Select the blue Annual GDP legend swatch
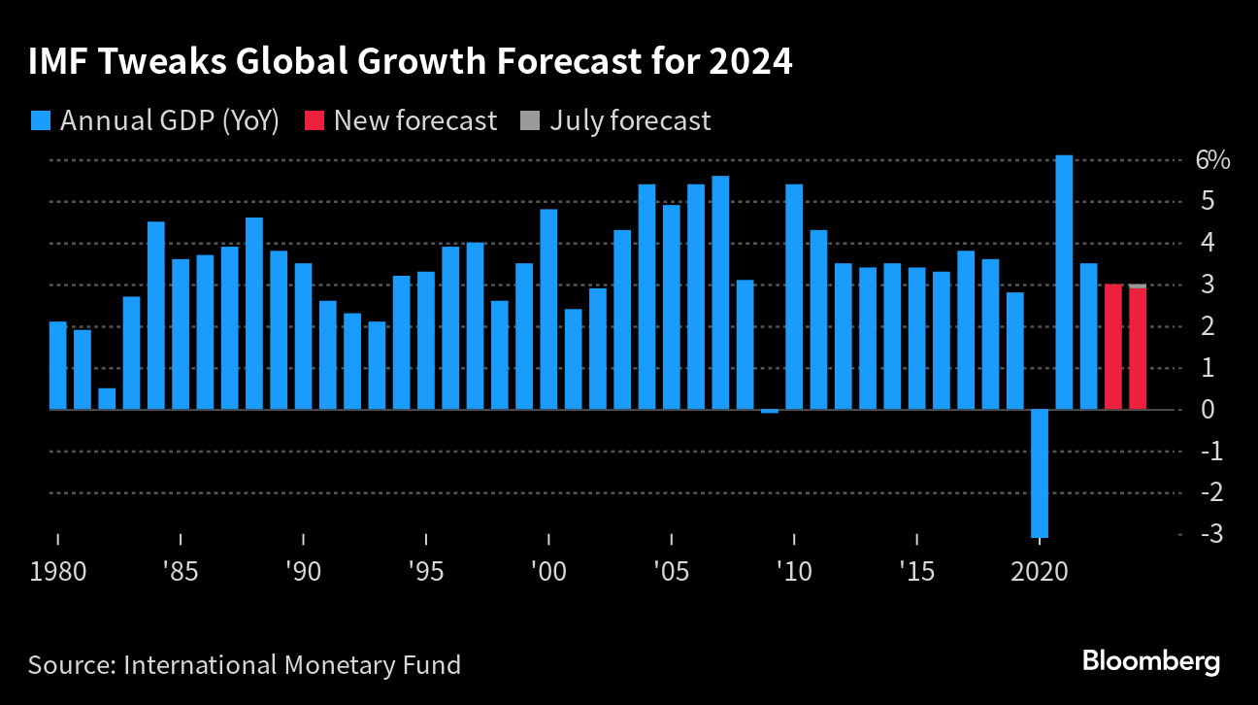40,120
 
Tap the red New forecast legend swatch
314,120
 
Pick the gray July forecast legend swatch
530,120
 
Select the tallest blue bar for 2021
1064,282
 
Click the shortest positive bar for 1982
107,398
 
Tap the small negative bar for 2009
770,412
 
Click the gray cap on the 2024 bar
1138,285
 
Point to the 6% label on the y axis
1212,160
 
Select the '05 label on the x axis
671,570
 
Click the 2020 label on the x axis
1040,570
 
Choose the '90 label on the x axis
303,570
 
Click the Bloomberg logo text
1151,662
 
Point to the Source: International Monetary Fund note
244,665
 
